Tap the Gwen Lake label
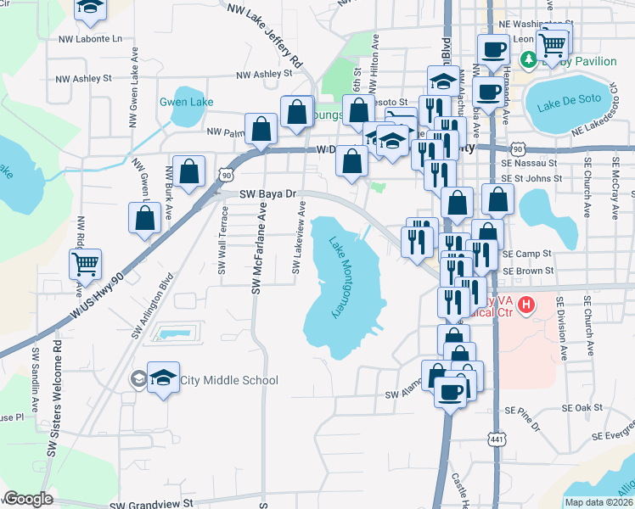[x=186, y=103]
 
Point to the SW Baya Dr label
[x=266, y=193]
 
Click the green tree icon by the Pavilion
[x=527, y=59]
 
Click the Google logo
[x=28, y=499]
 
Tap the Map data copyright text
[x=599, y=502]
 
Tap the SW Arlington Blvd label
[x=153, y=306]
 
